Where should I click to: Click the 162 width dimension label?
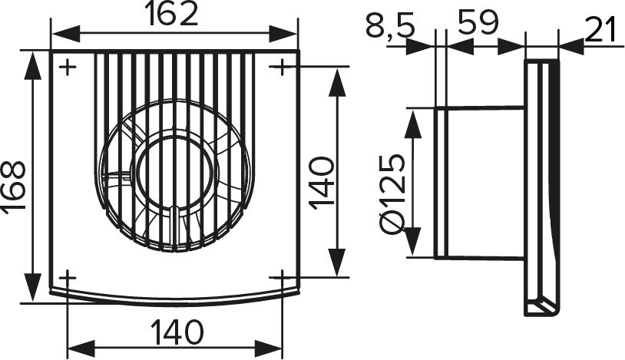tap(171, 15)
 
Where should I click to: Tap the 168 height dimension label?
tap(15, 187)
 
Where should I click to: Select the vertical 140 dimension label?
tap(322, 183)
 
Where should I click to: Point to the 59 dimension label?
tap(478, 22)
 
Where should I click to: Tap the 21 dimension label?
tap(602, 29)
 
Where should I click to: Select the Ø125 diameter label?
tap(393, 193)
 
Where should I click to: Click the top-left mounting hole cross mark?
tap(68, 68)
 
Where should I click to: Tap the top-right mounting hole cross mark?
tap(282, 67)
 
